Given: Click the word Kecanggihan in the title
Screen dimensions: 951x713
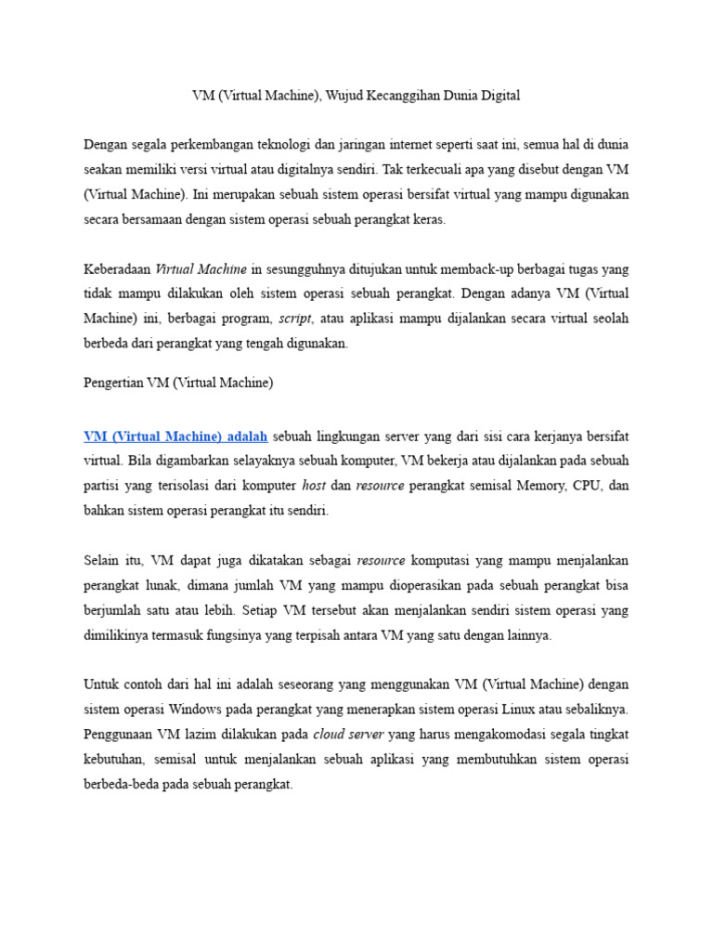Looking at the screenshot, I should [414, 95].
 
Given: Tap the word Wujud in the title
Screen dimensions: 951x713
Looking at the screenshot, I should [352, 95].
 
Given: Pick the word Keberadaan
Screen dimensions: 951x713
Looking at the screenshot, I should [117, 269].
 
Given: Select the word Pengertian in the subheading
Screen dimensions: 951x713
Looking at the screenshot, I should [113, 383].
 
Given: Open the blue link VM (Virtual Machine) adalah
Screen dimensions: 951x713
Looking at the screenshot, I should [175, 436].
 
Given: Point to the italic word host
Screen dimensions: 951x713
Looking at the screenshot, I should [314, 486].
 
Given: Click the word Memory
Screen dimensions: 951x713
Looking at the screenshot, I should [544, 486].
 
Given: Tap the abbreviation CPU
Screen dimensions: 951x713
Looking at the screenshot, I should [591, 486].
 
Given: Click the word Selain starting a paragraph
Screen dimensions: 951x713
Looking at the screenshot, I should [102, 561].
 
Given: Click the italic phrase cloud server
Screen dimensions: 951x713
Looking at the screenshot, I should [348, 735].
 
